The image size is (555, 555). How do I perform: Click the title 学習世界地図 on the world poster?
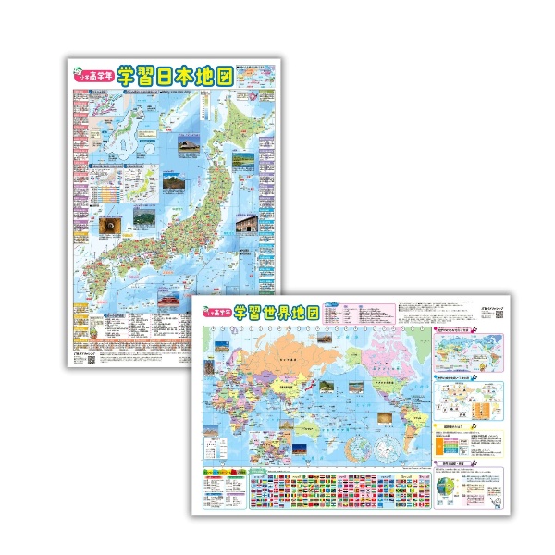tap(277, 313)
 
